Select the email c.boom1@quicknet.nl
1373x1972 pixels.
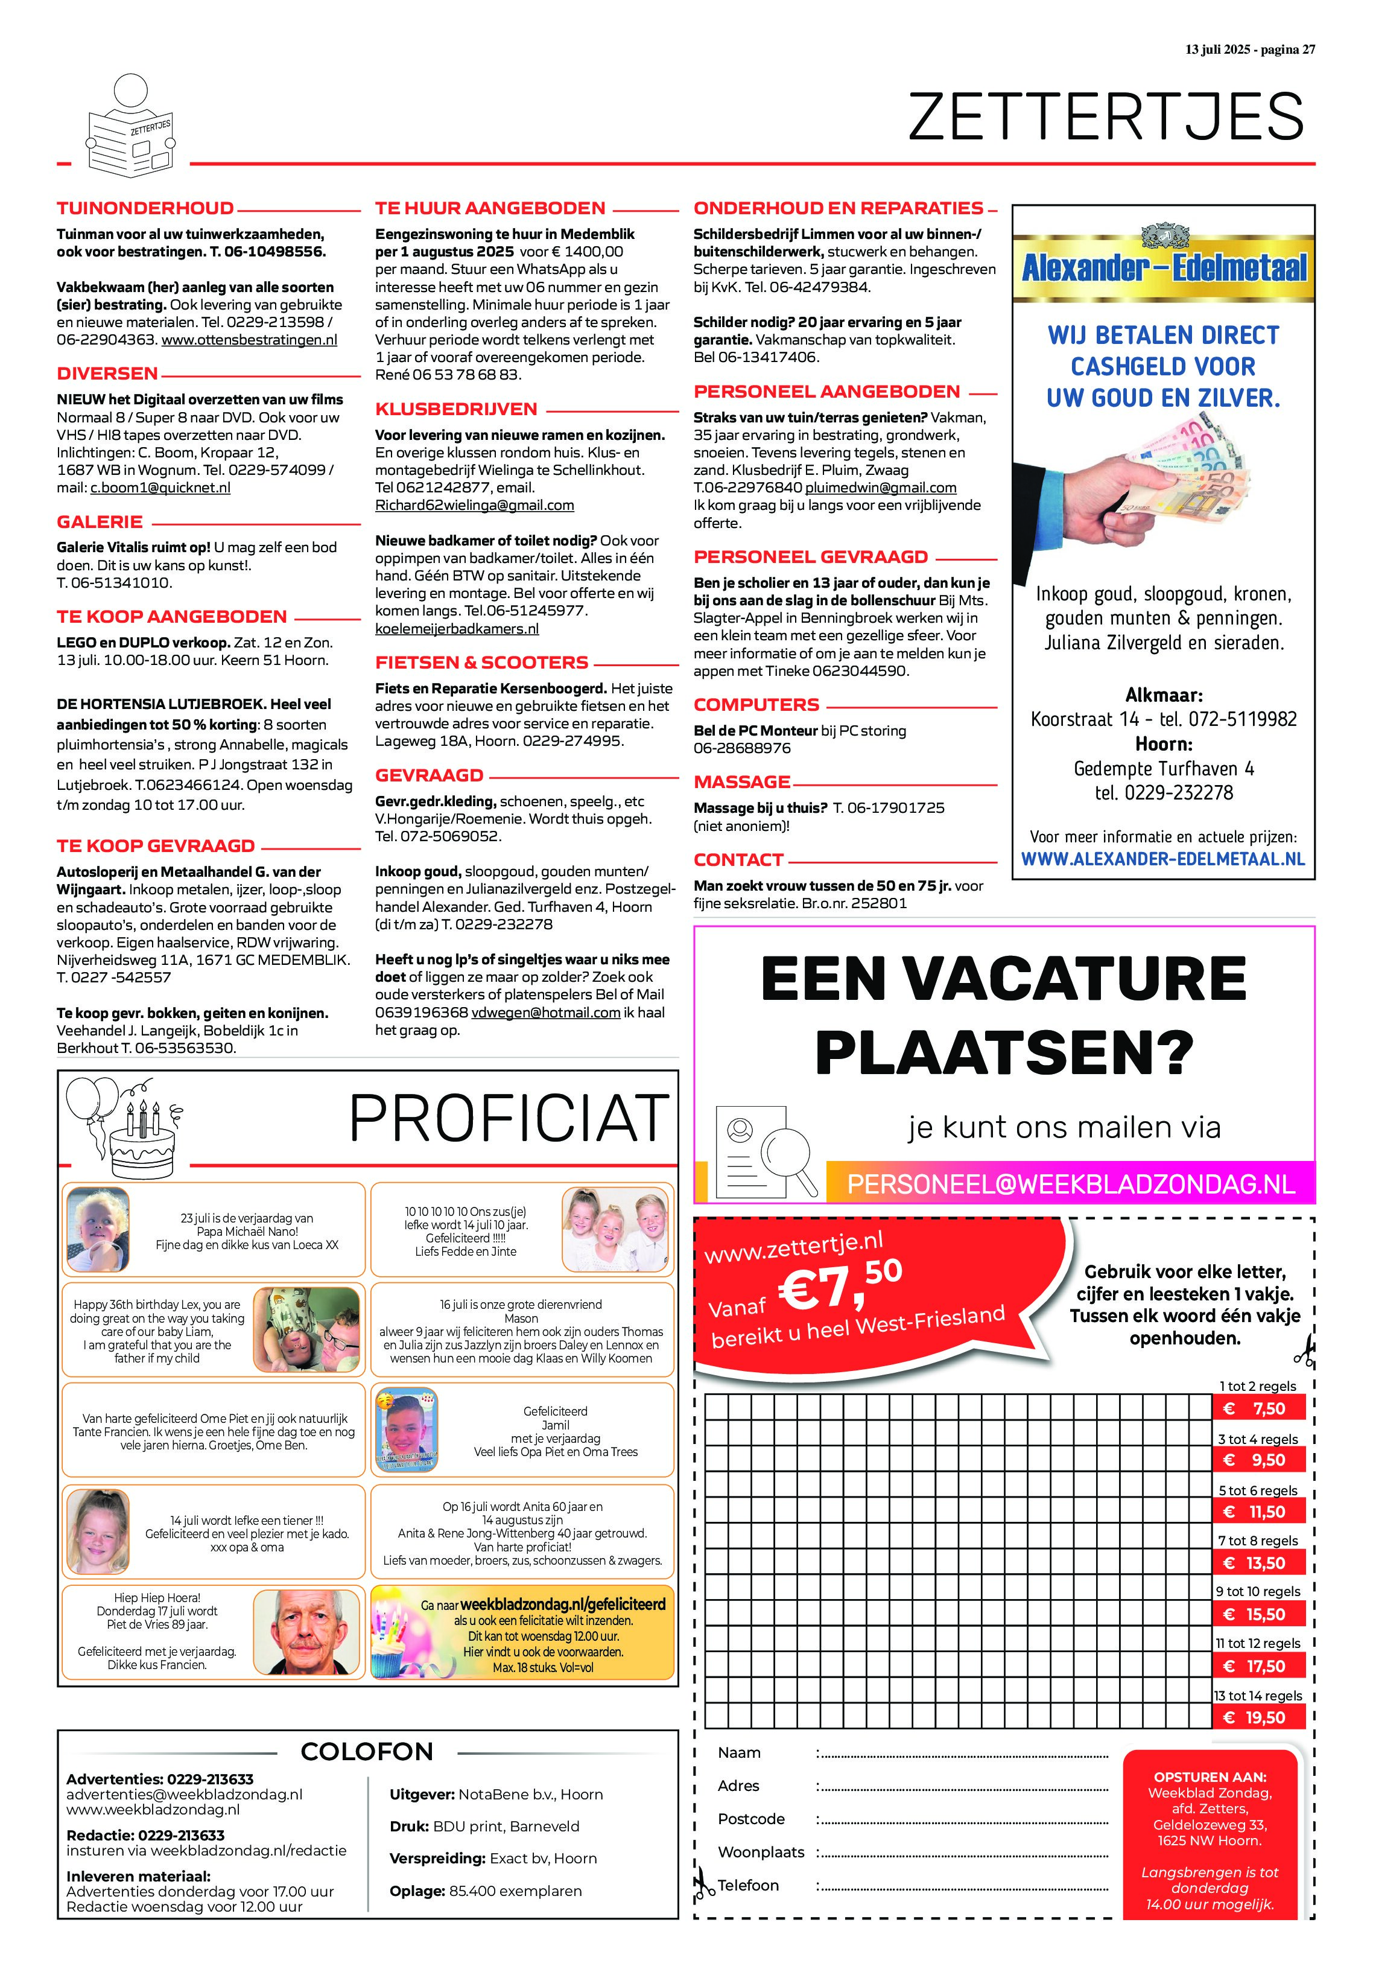(x=160, y=488)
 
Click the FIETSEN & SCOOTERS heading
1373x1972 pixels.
(x=482, y=662)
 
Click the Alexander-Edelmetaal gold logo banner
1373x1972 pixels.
(x=1164, y=266)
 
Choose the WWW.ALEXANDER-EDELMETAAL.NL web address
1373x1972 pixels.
(x=1162, y=859)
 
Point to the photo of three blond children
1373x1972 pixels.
(x=615, y=1229)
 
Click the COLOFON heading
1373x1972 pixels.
(x=367, y=1751)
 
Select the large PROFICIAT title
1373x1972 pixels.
(x=509, y=1118)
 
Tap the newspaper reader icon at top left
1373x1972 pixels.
(x=130, y=126)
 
